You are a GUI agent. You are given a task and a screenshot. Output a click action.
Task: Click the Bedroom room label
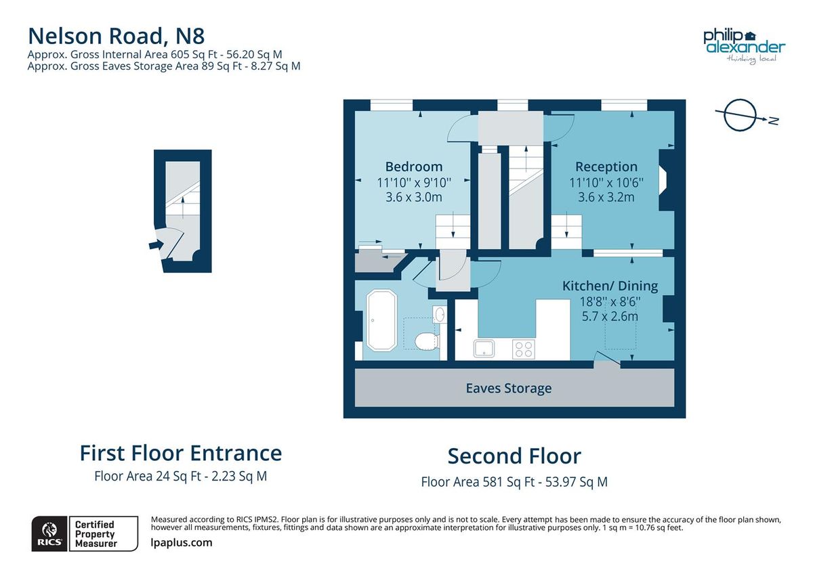click(x=414, y=167)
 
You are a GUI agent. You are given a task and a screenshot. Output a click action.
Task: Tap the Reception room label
click(x=606, y=167)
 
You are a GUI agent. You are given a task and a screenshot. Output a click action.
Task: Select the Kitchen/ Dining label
click(x=610, y=286)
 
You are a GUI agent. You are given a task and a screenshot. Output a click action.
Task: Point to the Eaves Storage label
click(x=509, y=389)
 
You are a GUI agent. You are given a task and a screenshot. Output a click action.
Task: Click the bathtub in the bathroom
click(x=382, y=319)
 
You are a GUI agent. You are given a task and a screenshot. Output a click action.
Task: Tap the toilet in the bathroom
click(x=427, y=341)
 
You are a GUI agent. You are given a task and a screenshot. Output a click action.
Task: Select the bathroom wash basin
click(x=439, y=314)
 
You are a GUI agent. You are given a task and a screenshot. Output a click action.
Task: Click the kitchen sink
click(x=484, y=349)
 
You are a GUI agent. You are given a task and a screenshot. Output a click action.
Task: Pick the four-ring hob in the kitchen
click(x=524, y=349)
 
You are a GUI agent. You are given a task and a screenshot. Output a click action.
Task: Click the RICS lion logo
click(x=49, y=533)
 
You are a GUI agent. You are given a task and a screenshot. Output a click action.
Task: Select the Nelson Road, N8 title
click(x=117, y=36)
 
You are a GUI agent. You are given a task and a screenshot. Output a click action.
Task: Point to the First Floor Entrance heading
click(x=181, y=453)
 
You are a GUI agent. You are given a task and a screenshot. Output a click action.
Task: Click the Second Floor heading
click(x=514, y=456)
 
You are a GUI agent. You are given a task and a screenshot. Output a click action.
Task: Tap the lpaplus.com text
click(x=181, y=542)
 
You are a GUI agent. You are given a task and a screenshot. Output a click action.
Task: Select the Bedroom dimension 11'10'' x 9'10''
click(x=414, y=182)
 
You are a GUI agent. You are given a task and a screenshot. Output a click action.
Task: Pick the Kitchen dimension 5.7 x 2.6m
click(x=610, y=316)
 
